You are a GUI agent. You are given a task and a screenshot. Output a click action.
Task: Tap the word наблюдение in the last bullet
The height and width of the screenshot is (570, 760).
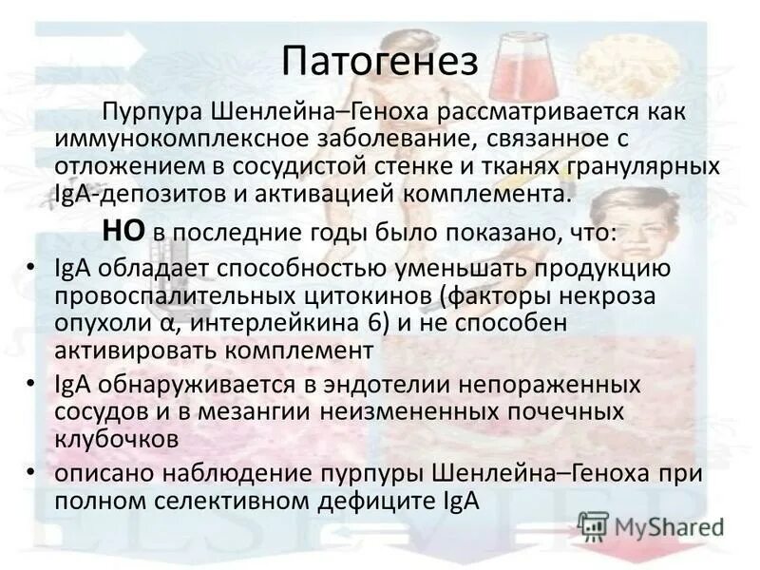[x=257, y=474]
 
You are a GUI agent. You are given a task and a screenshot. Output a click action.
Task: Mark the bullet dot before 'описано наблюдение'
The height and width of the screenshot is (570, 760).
[x=34, y=473]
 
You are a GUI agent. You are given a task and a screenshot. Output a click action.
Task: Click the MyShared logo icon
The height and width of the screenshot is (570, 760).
[x=593, y=525]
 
